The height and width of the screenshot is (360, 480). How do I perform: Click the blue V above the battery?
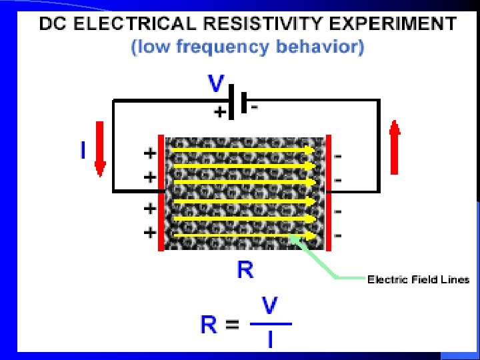pyautogui.click(x=216, y=84)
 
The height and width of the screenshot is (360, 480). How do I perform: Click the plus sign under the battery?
pyautogui.click(x=218, y=113)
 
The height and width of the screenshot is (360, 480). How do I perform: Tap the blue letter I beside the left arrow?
pyautogui.click(x=83, y=151)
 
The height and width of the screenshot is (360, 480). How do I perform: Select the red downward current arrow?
pyautogui.click(x=100, y=149)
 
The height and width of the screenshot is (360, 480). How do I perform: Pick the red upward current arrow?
pyautogui.click(x=394, y=147)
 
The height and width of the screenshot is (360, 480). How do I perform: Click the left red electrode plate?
pyautogui.click(x=161, y=193)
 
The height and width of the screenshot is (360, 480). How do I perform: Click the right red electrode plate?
pyautogui.click(x=328, y=193)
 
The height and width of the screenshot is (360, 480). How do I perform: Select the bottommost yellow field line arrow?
pyautogui.click(x=243, y=235)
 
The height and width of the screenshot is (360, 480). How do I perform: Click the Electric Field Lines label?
pyautogui.click(x=419, y=279)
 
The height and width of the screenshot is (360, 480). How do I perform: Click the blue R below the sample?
pyautogui.click(x=245, y=270)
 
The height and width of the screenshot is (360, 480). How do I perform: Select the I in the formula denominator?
pyautogui.click(x=270, y=339)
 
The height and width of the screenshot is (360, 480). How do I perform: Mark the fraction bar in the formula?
pyautogui.click(x=270, y=324)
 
